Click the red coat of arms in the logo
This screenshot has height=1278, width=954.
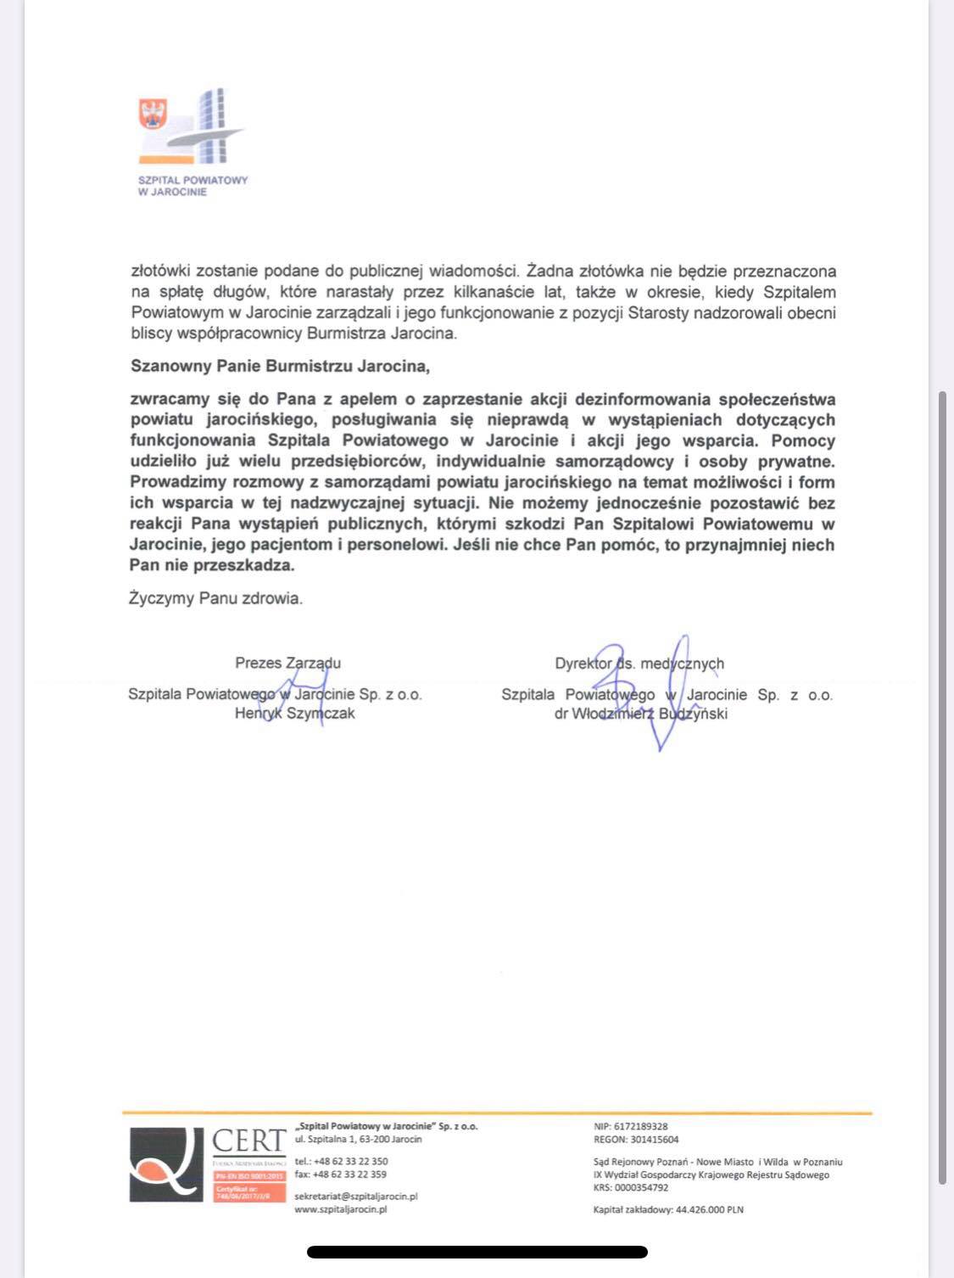tap(153, 114)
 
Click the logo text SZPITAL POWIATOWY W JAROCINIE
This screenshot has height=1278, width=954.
tap(192, 186)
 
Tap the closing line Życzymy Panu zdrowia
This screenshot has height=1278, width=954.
tap(215, 598)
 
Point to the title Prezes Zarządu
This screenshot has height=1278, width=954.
tap(288, 663)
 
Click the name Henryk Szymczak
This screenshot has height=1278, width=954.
tap(294, 714)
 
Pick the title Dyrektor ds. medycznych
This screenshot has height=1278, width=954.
tap(639, 664)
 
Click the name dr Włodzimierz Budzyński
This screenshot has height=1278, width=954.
tap(640, 714)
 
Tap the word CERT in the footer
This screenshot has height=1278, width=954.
tap(248, 1141)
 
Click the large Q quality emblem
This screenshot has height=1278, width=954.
tap(167, 1163)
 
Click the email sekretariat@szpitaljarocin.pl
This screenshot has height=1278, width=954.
tap(356, 1196)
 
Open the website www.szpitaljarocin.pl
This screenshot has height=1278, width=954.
tap(341, 1209)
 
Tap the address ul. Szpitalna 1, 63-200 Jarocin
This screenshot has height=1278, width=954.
tap(358, 1139)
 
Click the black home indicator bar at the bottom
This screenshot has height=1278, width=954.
tap(477, 1252)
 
